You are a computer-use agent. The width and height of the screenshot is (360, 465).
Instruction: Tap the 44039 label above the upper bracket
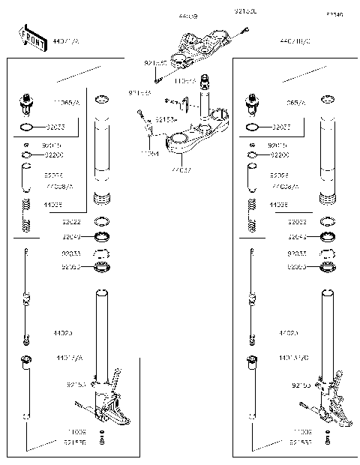[x=188, y=15]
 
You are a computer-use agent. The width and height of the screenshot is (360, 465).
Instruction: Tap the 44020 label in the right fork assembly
[x=289, y=331]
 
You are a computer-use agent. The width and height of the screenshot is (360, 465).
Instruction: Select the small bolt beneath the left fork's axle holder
[x=102, y=440]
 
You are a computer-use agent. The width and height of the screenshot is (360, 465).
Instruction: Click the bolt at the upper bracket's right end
[x=245, y=30]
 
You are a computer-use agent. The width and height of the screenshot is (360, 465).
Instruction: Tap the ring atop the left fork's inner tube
[x=103, y=99]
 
